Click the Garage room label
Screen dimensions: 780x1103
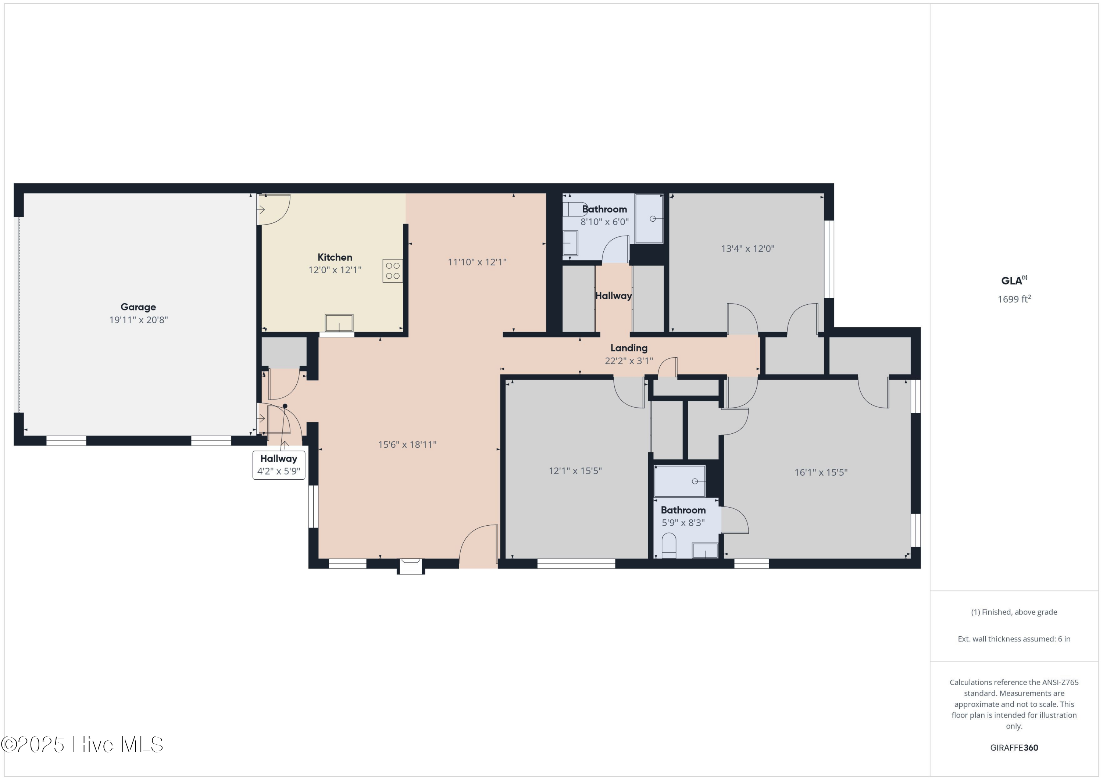click(138, 307)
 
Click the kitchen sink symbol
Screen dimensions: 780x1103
click(339, 323)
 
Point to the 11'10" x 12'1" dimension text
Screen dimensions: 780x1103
click(476, 262)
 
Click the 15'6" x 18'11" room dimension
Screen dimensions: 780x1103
click(407, 445)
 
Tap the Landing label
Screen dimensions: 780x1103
click(628, 348)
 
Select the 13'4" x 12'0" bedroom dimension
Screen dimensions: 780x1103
click(747, 249)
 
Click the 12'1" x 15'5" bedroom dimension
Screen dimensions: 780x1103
click(575, 471)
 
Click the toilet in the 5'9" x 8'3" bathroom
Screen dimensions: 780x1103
click(668, 545)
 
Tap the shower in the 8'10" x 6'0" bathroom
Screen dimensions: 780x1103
click(649, 219)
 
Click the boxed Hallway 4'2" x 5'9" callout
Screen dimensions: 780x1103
click(279, 465)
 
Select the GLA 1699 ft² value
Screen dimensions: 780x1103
click(1014, 299)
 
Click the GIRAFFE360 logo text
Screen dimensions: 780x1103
click(1014, 747)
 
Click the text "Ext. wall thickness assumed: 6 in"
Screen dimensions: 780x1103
click(1014, 639)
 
